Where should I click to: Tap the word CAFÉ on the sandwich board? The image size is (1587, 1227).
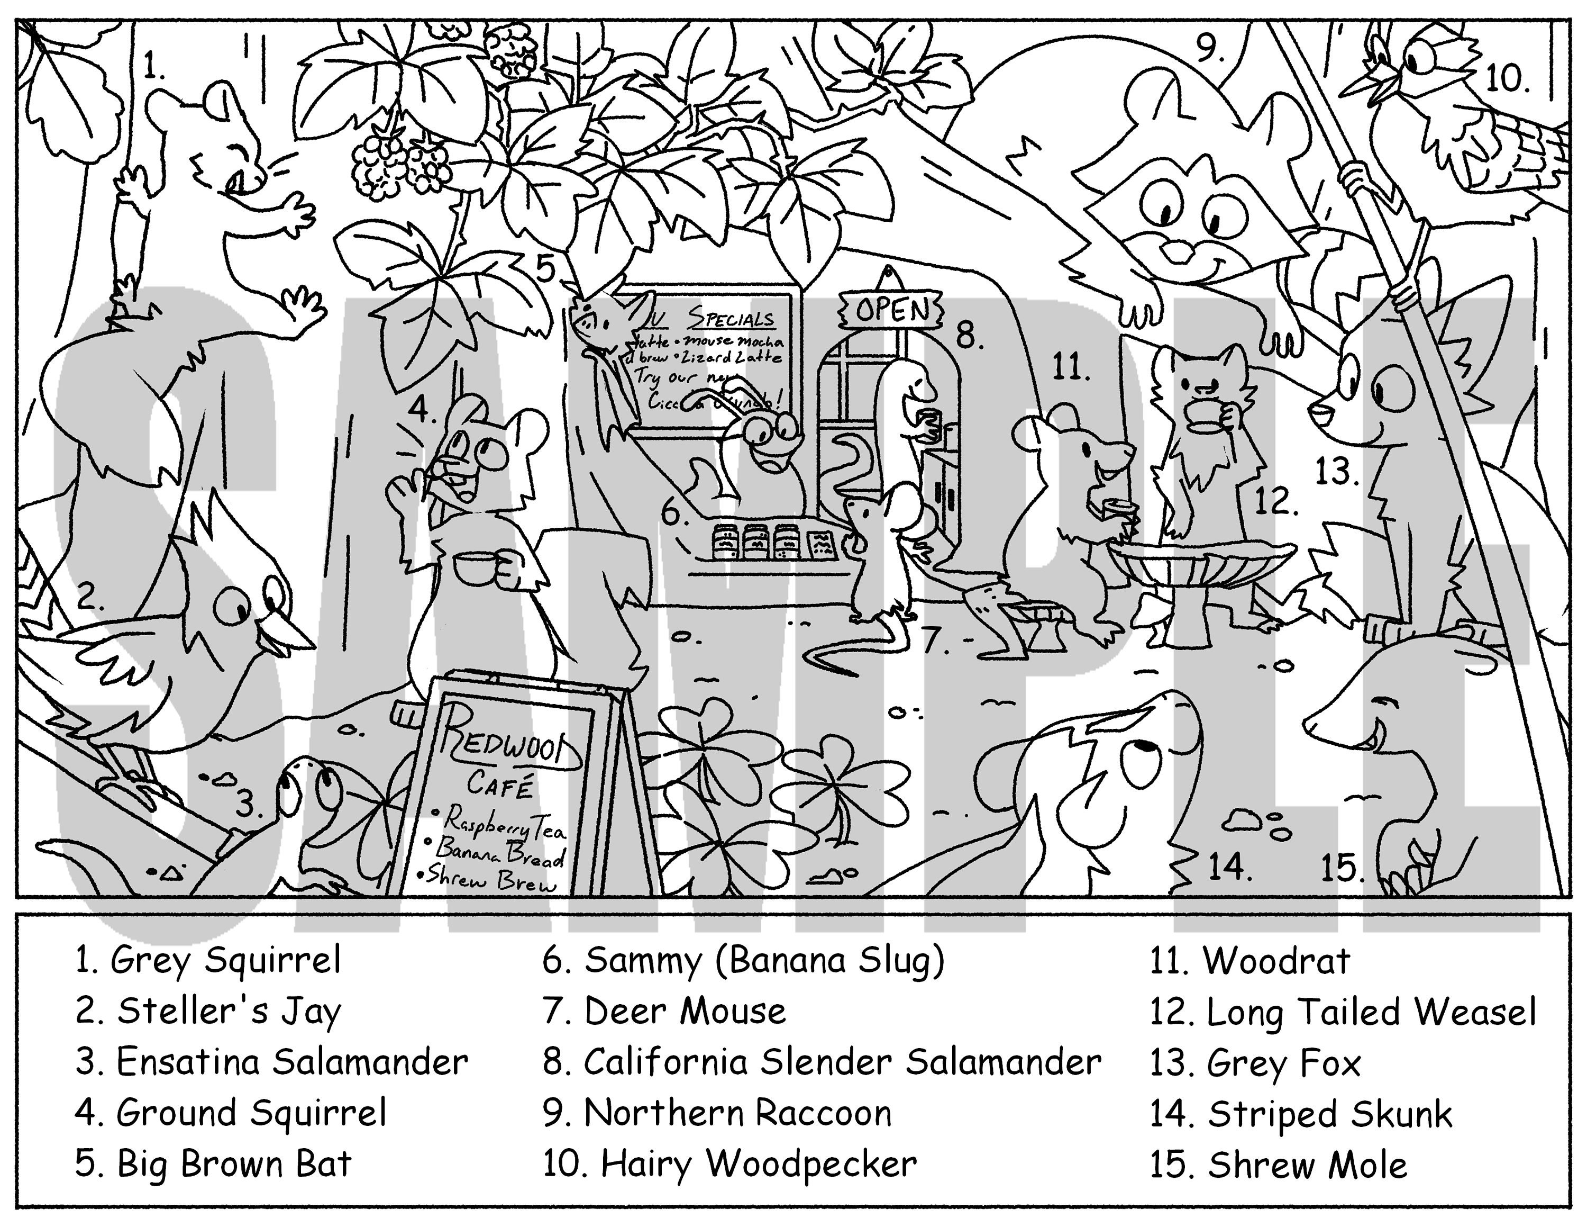(x=499, y=785)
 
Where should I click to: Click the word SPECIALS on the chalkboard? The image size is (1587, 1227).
(x=729, y=318)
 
